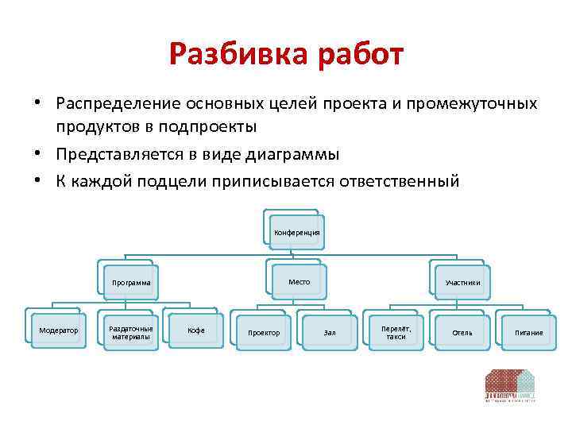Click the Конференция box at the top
[x=296, y=232]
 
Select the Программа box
[x=131, y=282]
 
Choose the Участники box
[x=462, y=282]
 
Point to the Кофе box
[x=195, y=330]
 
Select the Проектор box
[x=264, y=332]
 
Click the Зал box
[x=330, y=332]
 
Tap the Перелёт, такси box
[x=396, y=332]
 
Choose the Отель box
[x=462, y=332]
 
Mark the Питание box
[x=528, y=332]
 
